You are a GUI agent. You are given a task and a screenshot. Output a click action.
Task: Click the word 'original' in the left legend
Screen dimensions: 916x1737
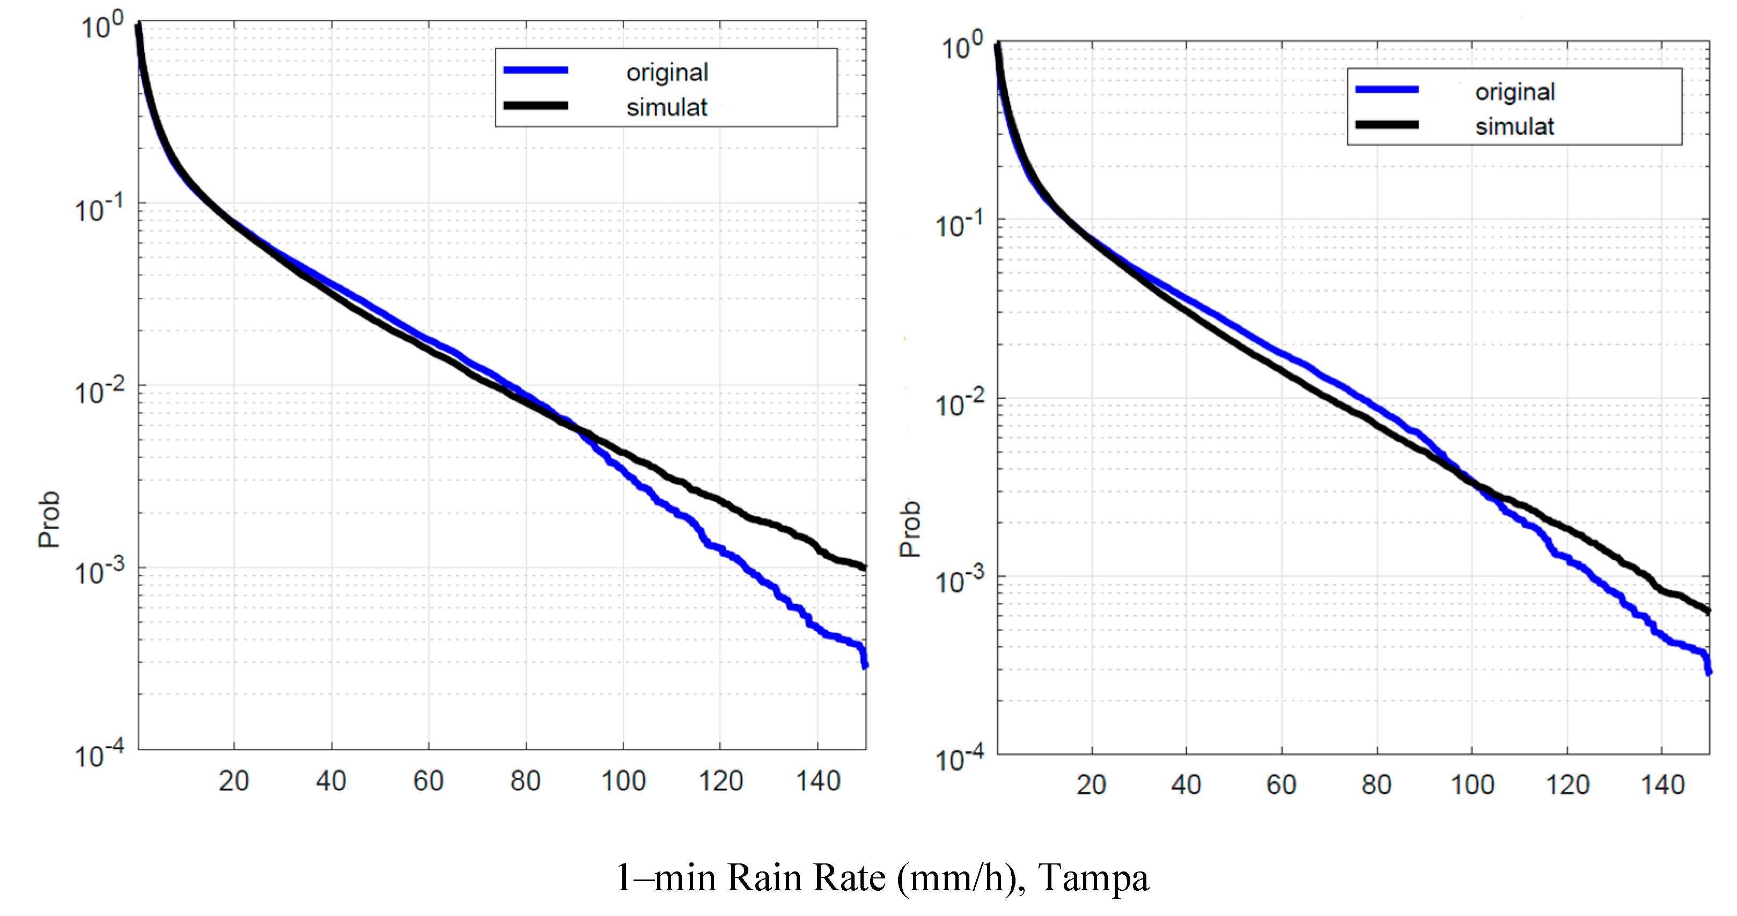tap(667, 72)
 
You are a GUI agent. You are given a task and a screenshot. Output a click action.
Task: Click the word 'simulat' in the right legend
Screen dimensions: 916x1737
tap(1514, 126)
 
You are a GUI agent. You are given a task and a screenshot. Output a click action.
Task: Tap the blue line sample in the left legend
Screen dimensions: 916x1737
tap(535, 70)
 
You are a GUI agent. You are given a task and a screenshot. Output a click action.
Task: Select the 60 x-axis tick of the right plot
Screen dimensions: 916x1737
tap(1280, 785)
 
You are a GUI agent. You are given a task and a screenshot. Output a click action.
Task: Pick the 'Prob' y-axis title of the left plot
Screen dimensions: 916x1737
tap(49, 519)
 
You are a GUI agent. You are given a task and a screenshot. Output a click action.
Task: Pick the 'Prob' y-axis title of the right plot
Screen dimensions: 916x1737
tap(910, 528)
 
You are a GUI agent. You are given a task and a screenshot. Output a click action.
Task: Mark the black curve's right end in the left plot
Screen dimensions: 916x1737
tap(864, 567)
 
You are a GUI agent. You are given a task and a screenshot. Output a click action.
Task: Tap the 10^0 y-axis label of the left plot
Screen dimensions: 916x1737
tap(102, 26)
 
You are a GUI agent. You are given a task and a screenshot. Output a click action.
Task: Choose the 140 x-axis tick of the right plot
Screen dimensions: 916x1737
tap(1662, 785)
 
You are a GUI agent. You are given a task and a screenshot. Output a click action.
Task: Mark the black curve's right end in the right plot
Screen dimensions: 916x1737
tap(1708, 611)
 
